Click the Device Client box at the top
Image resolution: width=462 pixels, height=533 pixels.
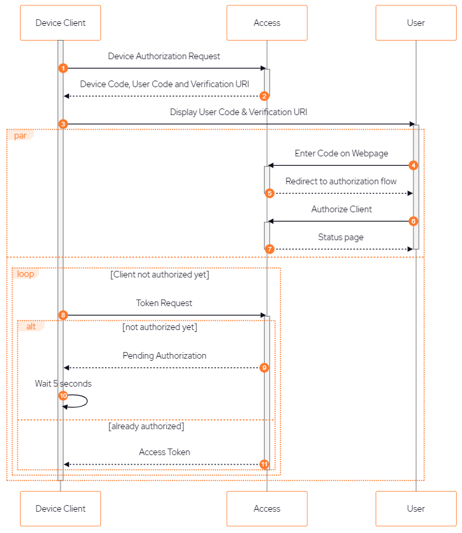pyautogui.click(x=60, y=23)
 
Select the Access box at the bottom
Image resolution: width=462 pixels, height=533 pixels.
pyautogui.click(x=267, y=508)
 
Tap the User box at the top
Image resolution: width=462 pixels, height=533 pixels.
pyautogui.click(x=415, y=23)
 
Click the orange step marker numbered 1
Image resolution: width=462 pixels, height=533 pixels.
pyautogui.click(x=63, y=68)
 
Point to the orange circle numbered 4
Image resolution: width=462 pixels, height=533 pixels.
pyautogui.click(x=413, y=165)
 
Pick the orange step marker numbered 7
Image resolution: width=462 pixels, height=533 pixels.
pyautogui.click(x=269, y=249)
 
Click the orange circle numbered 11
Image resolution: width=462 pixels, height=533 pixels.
pyautogui.click(x=265, y=464)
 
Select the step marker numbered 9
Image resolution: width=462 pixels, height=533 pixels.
pyautogui.click(x=265, y=367)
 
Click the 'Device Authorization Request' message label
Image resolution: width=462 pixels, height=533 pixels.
pyautogui.click(x=164, y=57)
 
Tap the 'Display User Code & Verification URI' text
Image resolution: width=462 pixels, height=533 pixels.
pyautogui.click(x=239, y=112)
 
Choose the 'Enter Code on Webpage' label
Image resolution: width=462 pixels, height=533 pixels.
pyautogui.click(x=342, y=154)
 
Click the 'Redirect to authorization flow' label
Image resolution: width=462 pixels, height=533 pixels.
pyautogui.click(x=341, y=181)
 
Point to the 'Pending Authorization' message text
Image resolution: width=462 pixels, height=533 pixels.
pyautogui.click(x=164, y=356)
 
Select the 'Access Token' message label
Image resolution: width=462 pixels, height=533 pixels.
pyautogui.click(x=164, y=452)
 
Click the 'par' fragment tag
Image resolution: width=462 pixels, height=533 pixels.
pyautogui.click(x=19, y=135)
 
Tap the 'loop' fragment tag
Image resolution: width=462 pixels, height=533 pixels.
pyautogui.click(x=25, y=273)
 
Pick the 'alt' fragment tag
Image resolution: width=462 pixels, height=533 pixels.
pyautogui.click(x=31, y=326)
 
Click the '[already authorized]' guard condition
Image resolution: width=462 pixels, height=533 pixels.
pyautogui.click(x=146, y=427)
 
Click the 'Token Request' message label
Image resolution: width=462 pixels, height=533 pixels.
pyautogui.click(x=164, y=303)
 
